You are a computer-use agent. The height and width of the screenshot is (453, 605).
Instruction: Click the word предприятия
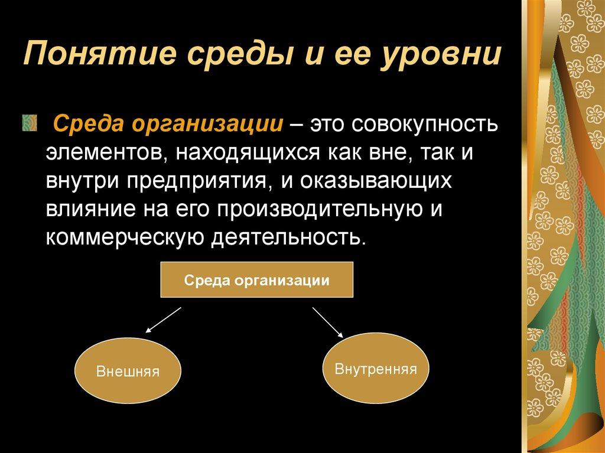198,181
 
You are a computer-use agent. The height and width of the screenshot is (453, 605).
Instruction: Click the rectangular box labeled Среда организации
256,281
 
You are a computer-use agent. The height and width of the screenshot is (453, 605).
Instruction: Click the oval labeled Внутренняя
376,370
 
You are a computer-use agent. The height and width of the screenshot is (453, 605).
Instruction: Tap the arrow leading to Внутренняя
328,322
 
